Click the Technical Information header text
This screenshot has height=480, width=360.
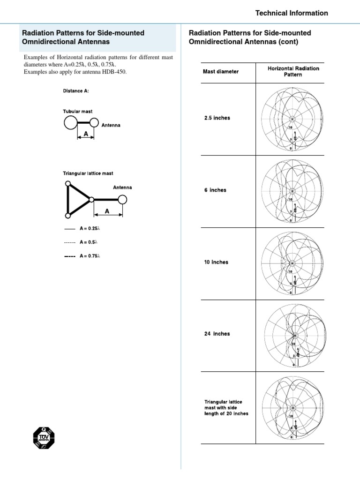coord(291,13)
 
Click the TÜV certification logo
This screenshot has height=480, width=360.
coord(44,438)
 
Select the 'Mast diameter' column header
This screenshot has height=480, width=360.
coord(220,72)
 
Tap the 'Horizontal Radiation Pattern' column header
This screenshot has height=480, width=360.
coord(293,72)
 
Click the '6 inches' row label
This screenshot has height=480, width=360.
coord(215,190)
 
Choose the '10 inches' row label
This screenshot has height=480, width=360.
coord(216,262)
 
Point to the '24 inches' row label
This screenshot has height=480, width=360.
coord(217,334)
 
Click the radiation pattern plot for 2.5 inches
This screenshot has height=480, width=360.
coord(292,119)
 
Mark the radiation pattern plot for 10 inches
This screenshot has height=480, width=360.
coord(292,263)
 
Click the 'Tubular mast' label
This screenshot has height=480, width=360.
coord(78,112)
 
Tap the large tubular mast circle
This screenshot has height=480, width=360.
coord(70,123)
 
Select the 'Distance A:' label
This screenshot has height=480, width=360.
coord(76,91)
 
